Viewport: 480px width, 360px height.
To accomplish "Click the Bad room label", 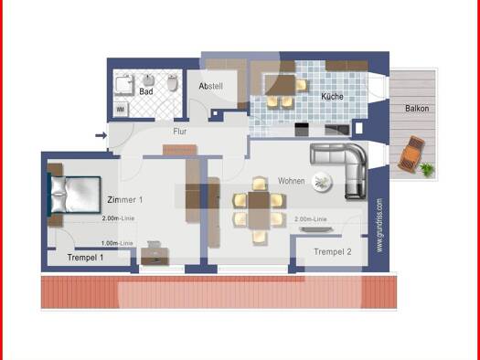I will tap(146, 92).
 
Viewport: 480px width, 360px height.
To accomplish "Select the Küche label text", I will tap(331, 96).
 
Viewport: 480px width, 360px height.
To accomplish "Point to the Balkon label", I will tap(418, 109).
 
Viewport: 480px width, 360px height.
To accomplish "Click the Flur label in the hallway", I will tap(180, 132).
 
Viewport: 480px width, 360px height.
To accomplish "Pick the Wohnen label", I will tap(292, 180).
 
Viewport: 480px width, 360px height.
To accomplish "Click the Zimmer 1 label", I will tap(124, 199).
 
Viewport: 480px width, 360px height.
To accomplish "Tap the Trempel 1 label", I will tap(85, 258).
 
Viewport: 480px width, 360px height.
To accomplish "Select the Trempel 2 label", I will tap(332, 251).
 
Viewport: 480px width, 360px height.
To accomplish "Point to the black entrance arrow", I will tap(100, 138).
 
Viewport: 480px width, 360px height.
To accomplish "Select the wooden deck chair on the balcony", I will tap(412, 153).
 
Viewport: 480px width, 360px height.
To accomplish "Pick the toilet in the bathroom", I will tap(172, 84).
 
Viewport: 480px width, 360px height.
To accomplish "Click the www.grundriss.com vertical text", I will tap(379, 224).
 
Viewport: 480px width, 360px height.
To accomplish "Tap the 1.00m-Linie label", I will tap(117, 243).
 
